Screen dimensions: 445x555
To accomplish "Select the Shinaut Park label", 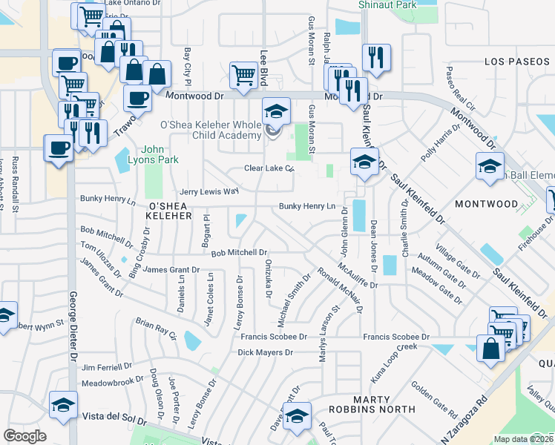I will point(387,4).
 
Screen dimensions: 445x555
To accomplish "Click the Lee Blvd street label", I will point(263,67).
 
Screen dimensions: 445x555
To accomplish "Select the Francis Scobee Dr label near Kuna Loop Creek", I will point(396,337).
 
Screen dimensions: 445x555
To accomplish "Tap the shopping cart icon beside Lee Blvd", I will point(243,74).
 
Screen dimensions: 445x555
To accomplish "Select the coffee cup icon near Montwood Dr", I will point(137,97).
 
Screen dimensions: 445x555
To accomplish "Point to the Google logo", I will point(24,436).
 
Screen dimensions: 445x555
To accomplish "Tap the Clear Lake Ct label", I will point(270,168).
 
